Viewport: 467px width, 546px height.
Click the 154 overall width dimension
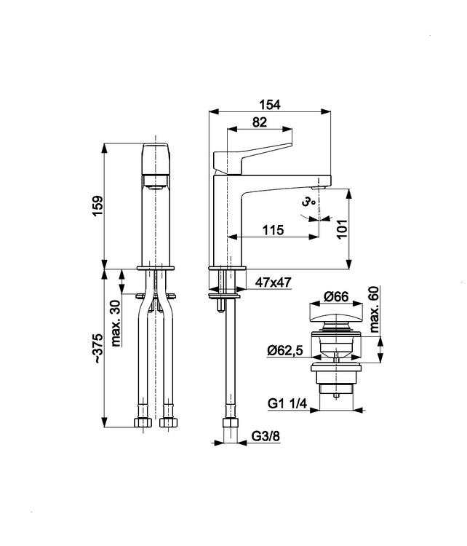pyautogui.click(x=270, y=104)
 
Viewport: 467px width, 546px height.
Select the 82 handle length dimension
pyautogui.click(x=260, y=122)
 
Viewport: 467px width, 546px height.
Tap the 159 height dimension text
pyautogui.click(x=97, y=206)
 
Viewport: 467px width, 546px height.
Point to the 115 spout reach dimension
pyautogui.click(x=274, y=230)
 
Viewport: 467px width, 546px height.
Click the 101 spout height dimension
pyautogui.click(x=342, y=229)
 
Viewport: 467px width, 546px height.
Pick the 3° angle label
pyautogui.click(x=308, y=201)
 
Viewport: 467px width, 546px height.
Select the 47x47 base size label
pyautogui.click(x=274, y=282)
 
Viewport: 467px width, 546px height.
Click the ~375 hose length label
pyautogui.click(x=98, y=349)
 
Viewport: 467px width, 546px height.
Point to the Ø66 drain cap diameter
pyautogui.click(x=336, y=296)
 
